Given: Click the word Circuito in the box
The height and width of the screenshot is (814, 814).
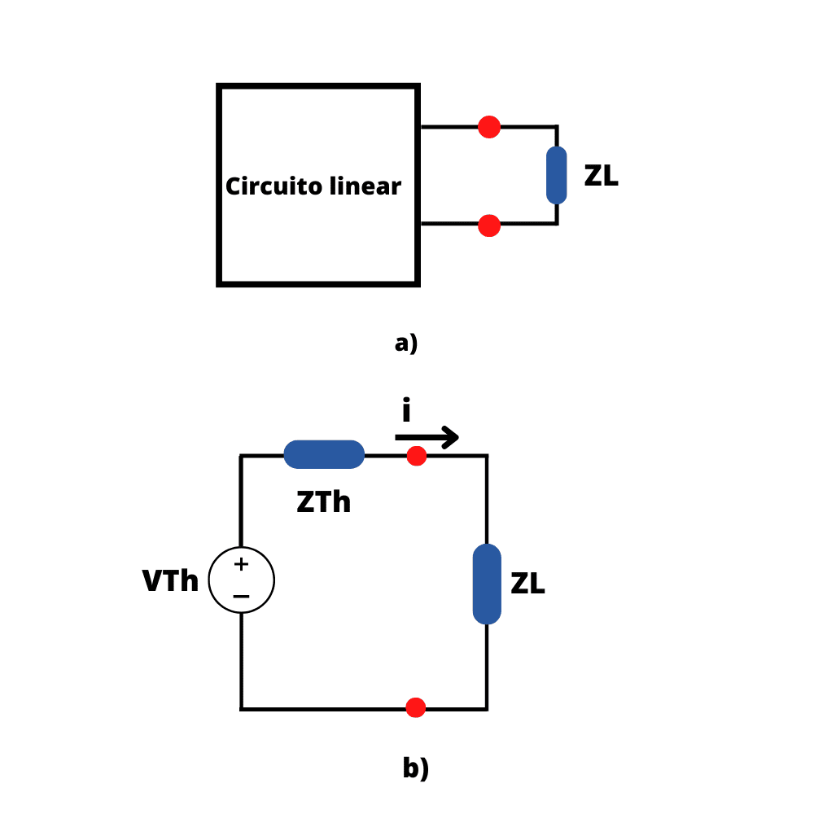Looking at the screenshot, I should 266,187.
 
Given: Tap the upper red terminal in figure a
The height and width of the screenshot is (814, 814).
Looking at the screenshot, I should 489,127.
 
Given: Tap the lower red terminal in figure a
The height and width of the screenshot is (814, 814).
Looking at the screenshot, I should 489,225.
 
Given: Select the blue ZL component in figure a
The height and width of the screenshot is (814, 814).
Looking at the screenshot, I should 557,175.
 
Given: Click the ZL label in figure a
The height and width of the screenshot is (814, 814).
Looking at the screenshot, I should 601,176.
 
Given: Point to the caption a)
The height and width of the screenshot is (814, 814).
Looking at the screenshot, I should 406,344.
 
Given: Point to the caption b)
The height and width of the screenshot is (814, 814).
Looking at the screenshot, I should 415,768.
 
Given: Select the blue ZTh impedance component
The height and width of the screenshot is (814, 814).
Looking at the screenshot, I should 324,454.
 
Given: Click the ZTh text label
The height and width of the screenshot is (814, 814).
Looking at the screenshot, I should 323,503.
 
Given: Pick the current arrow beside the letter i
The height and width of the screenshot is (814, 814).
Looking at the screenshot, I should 428,437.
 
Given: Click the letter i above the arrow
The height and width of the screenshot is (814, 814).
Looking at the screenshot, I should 406,411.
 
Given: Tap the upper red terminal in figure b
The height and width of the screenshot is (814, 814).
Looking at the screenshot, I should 417,456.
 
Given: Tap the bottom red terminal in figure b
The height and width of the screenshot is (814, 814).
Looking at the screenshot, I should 416,708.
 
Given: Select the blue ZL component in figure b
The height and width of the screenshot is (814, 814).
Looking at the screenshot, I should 487,584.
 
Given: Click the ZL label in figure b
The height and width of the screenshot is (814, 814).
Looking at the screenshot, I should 527,584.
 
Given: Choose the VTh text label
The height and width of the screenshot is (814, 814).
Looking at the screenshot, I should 170,582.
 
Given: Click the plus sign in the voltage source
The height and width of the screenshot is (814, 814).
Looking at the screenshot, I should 241,564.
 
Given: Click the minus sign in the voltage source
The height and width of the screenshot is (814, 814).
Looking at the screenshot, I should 241,597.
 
